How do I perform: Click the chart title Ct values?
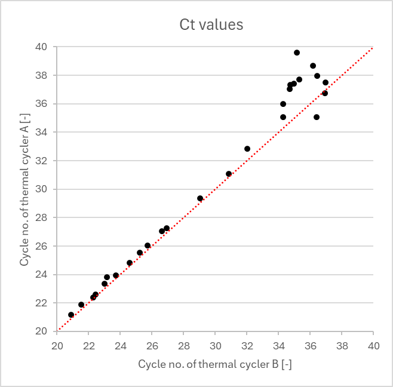(211, 24)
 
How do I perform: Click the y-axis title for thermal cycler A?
(25, 188)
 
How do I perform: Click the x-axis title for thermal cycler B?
(215, 364)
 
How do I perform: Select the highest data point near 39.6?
(297, 53)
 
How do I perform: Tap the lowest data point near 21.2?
(71, 315)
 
